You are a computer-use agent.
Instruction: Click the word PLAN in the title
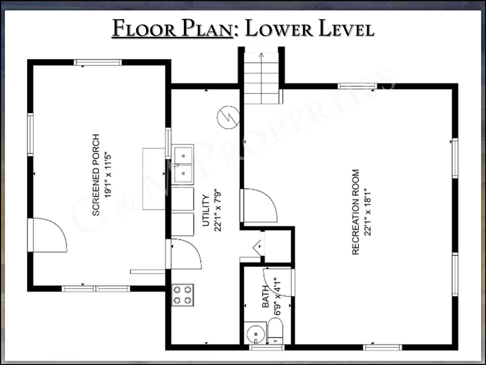(207, 28)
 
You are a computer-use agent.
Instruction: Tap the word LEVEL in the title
(346, 28)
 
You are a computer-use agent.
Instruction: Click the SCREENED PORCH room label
(96, 175)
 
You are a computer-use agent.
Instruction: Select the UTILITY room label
(206, 210)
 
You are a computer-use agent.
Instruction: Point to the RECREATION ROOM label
(356, 212)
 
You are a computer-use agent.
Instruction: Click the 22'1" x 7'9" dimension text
(218, 210)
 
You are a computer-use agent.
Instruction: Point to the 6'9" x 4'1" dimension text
(277, 296)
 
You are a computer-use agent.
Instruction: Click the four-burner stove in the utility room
(183, 295)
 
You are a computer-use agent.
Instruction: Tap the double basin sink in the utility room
(183, 165)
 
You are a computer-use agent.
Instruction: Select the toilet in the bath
(275, 331)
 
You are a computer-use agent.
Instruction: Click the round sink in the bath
(256, 334)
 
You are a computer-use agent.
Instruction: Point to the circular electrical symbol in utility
(228, 118)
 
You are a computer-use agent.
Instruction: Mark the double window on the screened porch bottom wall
(96, 289)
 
